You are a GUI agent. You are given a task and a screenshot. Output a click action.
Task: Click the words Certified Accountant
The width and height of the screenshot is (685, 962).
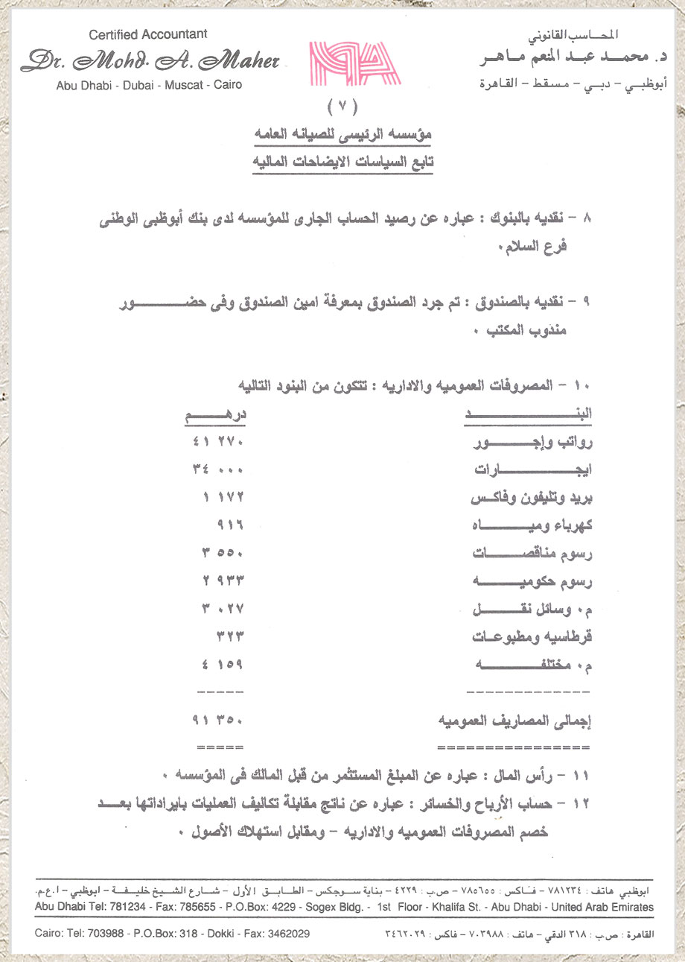(x=148, y=34)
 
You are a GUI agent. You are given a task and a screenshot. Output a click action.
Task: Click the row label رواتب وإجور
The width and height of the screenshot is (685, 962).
(x=532, y=445)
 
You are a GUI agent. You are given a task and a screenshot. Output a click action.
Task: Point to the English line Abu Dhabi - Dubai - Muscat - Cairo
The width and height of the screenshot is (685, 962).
(x=149, y=85)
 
